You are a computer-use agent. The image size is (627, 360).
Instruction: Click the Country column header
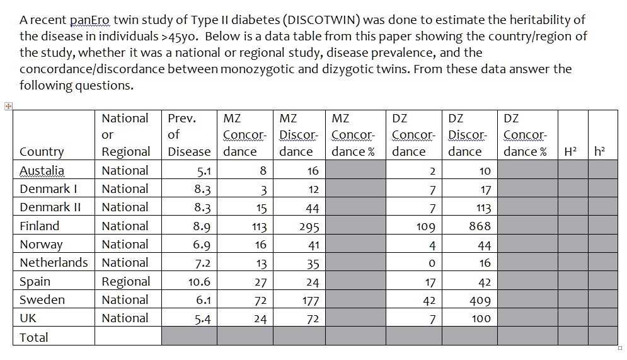click(x=42, y=152)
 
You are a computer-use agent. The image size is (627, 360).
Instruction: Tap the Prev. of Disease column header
click(x=189, y=135)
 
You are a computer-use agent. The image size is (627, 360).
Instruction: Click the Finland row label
click(x=39, y=226)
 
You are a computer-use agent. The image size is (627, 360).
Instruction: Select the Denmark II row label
click(x=49, y=207)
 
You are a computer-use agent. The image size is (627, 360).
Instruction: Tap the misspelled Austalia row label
click(x=42, y=171)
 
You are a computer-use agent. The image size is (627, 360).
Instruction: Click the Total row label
click(x=34, y=337)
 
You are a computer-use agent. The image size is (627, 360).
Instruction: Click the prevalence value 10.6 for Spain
click(x=199, y=282)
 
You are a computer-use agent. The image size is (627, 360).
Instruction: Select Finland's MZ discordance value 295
click(x=309, y=227)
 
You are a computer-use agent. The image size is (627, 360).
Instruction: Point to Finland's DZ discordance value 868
click(x=480, y=226)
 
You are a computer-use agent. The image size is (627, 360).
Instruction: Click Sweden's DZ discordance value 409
click(x=480, y=301)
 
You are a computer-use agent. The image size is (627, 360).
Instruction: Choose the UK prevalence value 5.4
click(x=202, y=319)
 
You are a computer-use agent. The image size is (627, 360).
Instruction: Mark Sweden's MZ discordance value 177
click(x=310, y=301)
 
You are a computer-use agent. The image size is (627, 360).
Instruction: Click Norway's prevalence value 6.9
click(x=202, y=245)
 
